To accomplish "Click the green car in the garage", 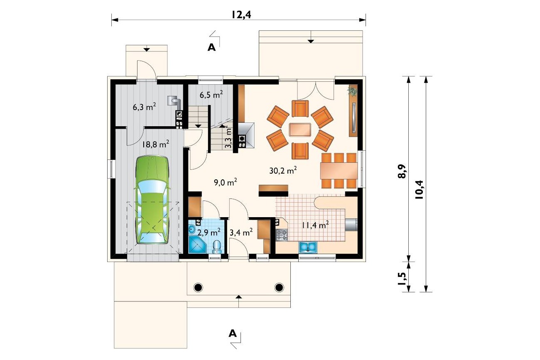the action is click(152, 200).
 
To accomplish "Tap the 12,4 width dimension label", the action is click(241, 15).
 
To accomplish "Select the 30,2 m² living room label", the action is click(283, 170).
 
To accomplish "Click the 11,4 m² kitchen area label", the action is click(315, 225).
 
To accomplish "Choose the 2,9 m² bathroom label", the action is click(209, 232).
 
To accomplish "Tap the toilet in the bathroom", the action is click(217, 247).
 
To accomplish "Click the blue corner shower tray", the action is click(197, 245).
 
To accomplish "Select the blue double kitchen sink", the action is click(308, 247).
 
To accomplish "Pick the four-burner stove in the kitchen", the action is click(282, 235).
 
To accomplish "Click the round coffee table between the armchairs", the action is click(300, 130).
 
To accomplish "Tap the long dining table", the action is click(339, 170).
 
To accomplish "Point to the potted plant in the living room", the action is click(352, 91).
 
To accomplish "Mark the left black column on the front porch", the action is click(198, 287).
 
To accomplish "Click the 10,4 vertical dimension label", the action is click(420, 190).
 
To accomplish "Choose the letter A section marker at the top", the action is click(211, 47).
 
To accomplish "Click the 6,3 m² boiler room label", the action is click(145, 107).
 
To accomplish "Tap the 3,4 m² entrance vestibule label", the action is click(241, 232).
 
